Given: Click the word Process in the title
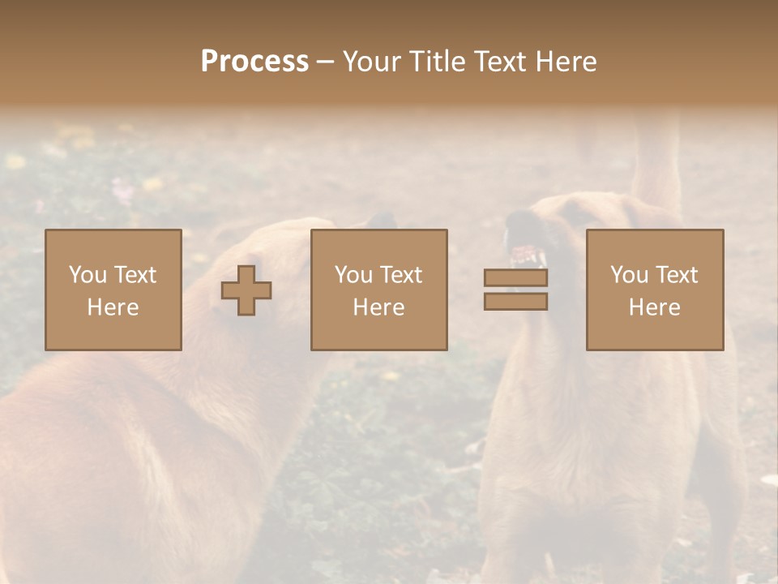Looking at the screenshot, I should [x=254, y=62].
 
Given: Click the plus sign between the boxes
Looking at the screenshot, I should [x=246, y=290].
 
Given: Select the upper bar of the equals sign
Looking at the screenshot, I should [x=515, y=277].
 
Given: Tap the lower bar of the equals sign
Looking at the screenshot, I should [x=515, y=302].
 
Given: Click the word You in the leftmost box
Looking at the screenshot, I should [x=87, y=275].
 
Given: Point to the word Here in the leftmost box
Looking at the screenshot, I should [x=113, y=307].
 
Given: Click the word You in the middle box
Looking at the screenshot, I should [x=353, y=275].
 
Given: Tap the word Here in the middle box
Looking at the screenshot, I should [x=378, y=307].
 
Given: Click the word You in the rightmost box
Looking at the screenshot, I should [x=629, y=275].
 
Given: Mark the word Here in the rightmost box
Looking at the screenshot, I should [x=654, y=307].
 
